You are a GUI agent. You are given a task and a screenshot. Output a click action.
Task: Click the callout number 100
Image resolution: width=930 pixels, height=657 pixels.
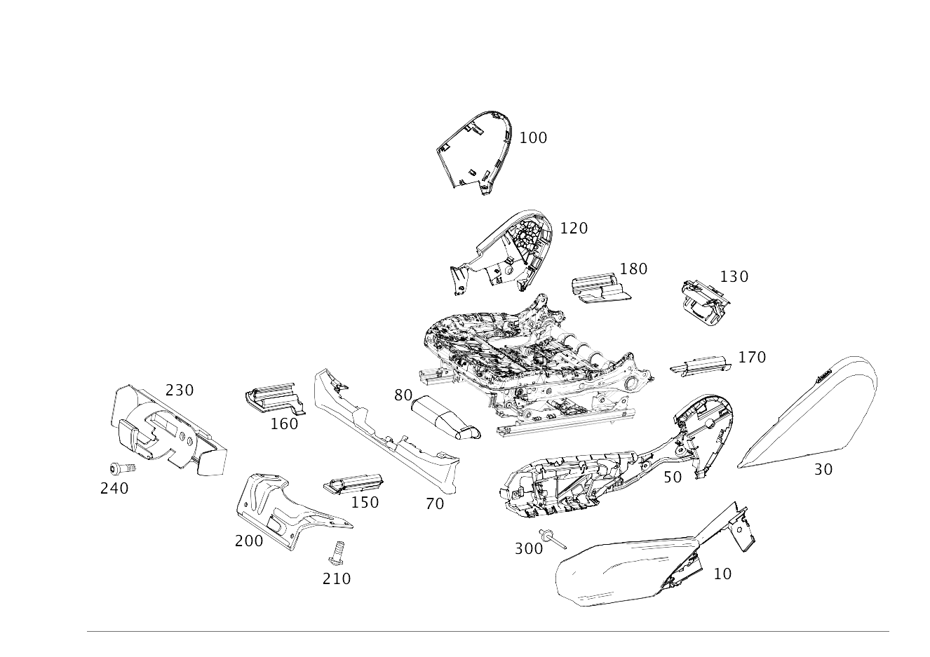coord(533,138)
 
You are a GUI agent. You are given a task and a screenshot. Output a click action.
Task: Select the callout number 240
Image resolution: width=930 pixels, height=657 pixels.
coord(114,489)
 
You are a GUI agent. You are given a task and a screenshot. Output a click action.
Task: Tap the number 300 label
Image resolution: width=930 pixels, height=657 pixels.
coord(529,549)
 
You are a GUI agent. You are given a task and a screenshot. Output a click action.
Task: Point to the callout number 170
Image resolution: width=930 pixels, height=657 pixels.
coord(752,358)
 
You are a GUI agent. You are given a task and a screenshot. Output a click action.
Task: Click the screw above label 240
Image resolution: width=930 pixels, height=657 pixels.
coord(122,468)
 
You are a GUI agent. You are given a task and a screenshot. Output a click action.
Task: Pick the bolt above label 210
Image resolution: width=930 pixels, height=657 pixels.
coord(337,553)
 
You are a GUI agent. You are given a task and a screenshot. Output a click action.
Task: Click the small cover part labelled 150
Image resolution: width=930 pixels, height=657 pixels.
coord(353,483)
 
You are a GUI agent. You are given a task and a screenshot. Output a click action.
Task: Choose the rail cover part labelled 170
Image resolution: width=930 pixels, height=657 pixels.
coord(701,365)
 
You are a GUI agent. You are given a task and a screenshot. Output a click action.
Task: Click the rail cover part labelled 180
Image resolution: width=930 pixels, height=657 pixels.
coord(601,289)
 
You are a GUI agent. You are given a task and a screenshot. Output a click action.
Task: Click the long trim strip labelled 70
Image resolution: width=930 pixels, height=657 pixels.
coord(386,432)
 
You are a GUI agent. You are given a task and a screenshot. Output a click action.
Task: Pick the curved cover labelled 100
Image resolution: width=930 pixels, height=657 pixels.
coord(474,153)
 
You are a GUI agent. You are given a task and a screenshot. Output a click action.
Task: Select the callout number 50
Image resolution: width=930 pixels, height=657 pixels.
coord(673,477)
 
